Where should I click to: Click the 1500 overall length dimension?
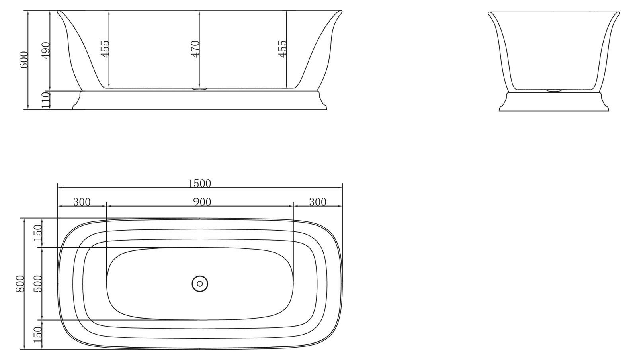(x=199, y=183)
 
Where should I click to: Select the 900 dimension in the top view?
(x=202, y=202)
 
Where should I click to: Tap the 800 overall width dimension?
(x=20, y=284)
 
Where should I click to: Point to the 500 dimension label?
(x=38, y=284)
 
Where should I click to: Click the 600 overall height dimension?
(x=24, y=60)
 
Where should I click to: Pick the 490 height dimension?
(x=46, y=50)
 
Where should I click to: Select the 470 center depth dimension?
(x=195, y=49)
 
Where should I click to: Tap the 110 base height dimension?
(x=46, y=100)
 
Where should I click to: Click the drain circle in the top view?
(x=200, y=284)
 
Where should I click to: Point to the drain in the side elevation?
(x=199, y=89)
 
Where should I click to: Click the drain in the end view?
(x=553, y=90)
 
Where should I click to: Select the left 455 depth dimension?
(x=105, y=49)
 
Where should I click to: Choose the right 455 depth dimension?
(x=282, y=49)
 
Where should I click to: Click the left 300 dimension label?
(x=82, y=202)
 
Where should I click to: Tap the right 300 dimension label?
(x=317, y=202)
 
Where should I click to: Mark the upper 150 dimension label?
(x=38, y=233)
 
